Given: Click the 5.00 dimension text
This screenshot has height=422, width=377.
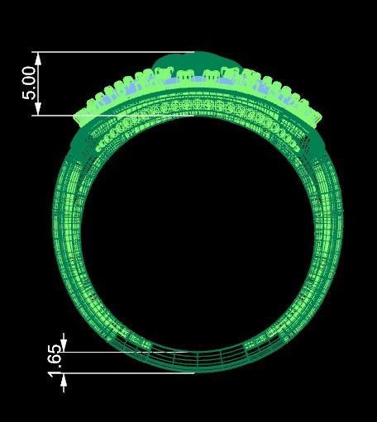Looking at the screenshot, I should click(x=29, y=83).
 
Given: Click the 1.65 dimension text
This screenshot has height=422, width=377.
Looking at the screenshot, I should click(x=55, y=362).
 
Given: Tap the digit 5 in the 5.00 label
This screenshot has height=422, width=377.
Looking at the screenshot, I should click(x=29, y=95).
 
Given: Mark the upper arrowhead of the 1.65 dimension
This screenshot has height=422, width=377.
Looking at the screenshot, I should click(x=64, y=347).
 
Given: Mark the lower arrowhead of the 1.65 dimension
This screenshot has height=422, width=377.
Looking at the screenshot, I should click(x=64, y=378).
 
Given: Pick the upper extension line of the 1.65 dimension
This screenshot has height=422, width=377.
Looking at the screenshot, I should click(x=124, y=352).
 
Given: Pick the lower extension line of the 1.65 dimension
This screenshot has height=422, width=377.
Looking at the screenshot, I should click(x=124, y=373).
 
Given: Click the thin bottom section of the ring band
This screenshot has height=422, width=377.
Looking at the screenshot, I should click(x=195, y=362).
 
